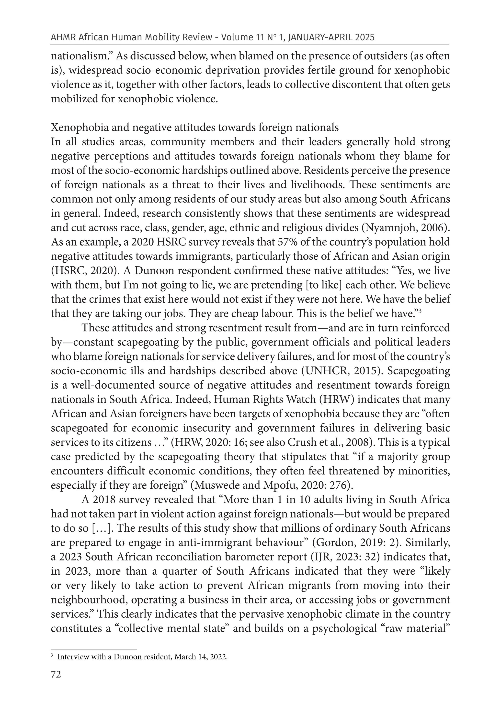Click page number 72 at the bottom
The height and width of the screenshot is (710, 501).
(x=56, y=674)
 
